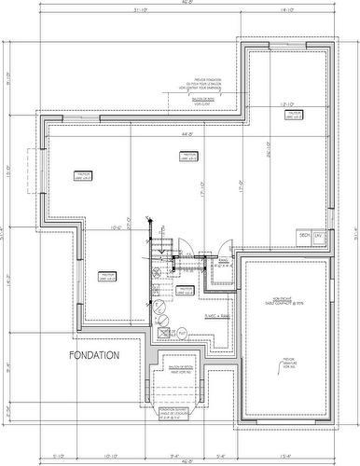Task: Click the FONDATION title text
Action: pyautogui.click(x=93, y=355)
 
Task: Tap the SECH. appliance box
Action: pyautogui.click(x=303, y=236)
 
